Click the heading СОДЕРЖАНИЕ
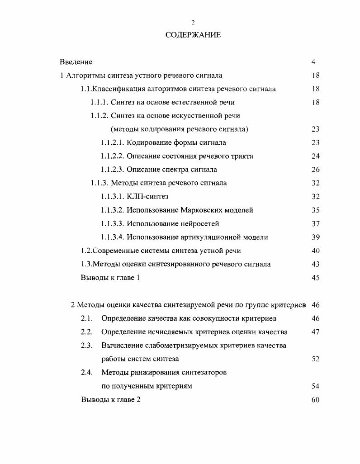pyautogui.click(x=193, y=35)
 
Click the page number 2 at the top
pyautogui.click(x=193, y=22)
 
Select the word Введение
pyautogui.click(x=76, y=62)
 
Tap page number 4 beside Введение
pyautogui.click(x=313, y=62)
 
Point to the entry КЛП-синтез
pyautogui.click(x=147, y=197)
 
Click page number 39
pyautogui.click(x=315, y=237)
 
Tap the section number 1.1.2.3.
pyautogui.click(x=112, y=170)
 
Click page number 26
pyautogui.click(x=315, y=170)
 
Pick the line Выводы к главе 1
pyautogui.click(x=110, y=278)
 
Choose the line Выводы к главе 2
pyautogui.click(x=111, y=400)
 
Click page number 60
pyautogui.click(x=315, y=400)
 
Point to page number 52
pyautogui.click(x=315, y=359)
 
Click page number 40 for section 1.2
pyautogui.click(x=315, y=251)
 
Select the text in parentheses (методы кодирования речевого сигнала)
pyautogui.click(x=180, y=129)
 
